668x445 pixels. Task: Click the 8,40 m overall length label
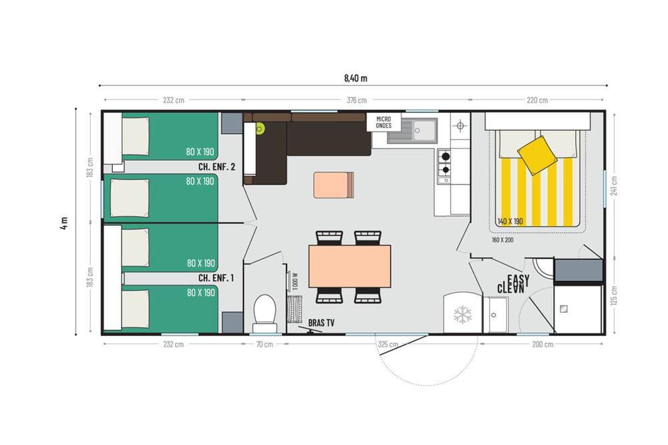pos(356,78)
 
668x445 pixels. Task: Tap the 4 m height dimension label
pos(64,222)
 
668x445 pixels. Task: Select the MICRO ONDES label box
pos(384,122)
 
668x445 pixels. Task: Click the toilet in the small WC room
pos(265,314)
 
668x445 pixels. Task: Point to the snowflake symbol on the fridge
pos(463,315)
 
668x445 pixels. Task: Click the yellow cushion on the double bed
pos(537,155)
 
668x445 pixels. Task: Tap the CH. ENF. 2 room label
pos(216,166)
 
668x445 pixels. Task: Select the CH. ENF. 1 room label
pos(216,278)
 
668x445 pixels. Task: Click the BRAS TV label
pos(321,323)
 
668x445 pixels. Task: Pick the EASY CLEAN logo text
pos(513,284)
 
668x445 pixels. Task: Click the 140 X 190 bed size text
pos(510,221)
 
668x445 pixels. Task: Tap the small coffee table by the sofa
pos(333,185)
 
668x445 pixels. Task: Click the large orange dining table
pos(350,267)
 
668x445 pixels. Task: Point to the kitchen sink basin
pos(425,129)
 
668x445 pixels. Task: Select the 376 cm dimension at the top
pos(357,100)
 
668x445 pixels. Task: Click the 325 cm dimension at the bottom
pos(387,344)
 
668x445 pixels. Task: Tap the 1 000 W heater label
pos(296,281)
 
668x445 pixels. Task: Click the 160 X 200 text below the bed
pos(503,240)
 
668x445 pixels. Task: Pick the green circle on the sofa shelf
pos(259,128)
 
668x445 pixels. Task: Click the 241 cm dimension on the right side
pos(614,186)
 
